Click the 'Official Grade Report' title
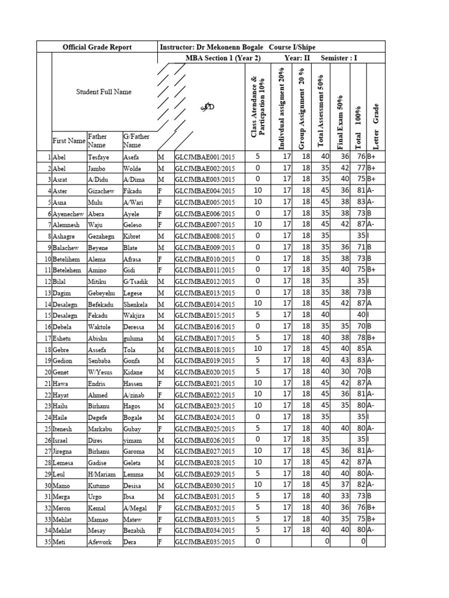coord(97,47)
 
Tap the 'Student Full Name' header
coord(103,92)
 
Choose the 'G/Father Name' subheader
coord(136,141)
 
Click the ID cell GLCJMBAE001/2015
coord(205,157)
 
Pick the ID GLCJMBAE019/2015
coord(205,360)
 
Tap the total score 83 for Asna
coord(361,202)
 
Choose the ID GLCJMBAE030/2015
coord(205,485)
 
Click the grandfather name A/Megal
coord(136,507)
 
